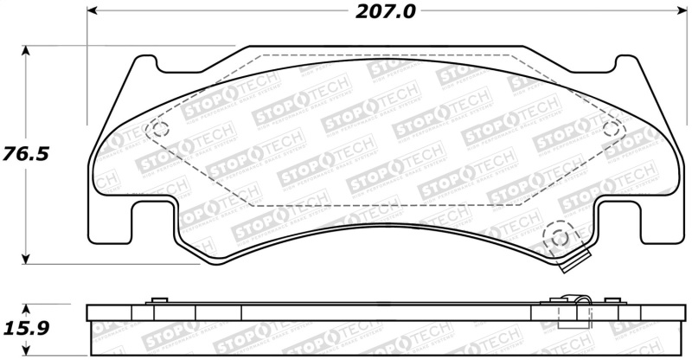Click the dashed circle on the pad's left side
158,130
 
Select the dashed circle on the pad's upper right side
612,130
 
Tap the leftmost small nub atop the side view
157,300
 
